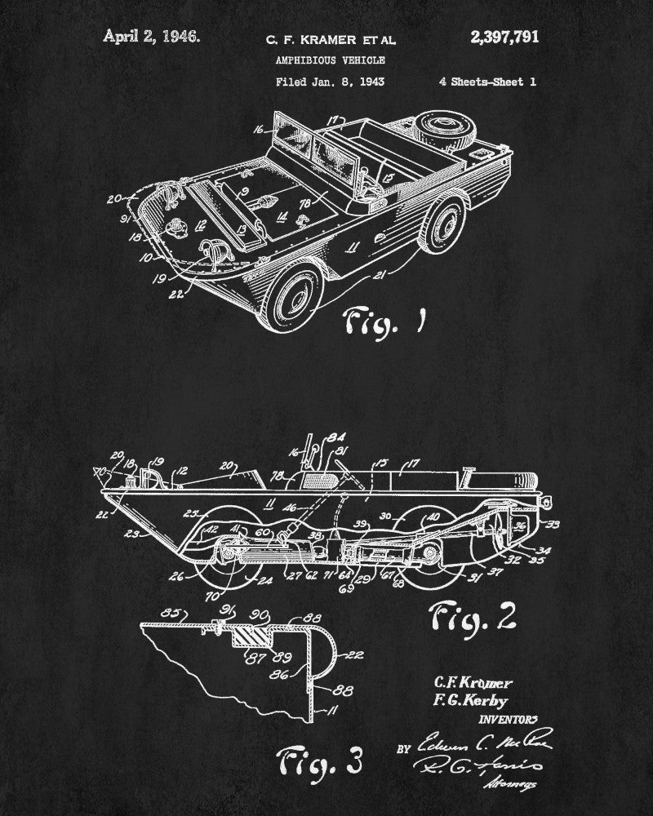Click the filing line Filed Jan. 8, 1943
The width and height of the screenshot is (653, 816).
click(x=330, y=82)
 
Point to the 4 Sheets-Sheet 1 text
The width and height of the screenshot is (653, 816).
click(x=486, y=82)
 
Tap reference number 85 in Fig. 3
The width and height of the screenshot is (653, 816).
click(x=148, y=609)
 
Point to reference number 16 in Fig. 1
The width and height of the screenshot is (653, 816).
click(x=258, y=129)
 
